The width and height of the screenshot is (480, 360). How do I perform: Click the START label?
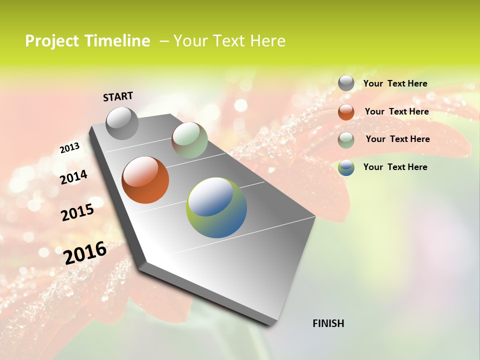click(x=118, y=96)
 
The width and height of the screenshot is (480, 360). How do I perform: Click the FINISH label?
click(x=328, y=323)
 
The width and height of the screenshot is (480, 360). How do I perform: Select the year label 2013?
click(x=69, y=147)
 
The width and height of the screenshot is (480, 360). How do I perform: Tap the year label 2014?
click(x=73, y=177)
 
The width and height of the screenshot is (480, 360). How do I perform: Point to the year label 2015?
click(x=77, y=212)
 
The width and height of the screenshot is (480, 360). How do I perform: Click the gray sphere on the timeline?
click(x=122, y=123)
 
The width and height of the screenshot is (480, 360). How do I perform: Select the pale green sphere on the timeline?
click(x=189, y=140)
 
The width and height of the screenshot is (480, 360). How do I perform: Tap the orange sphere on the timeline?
click(x=145, y=180)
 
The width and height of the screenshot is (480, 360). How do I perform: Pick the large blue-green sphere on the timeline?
click(x=216, y=207)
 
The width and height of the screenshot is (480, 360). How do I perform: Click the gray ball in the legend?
click(x=346, y=83)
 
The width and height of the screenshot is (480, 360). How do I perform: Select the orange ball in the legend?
click(x=346, y=112)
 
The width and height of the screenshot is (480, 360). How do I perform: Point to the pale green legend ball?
click(x=346, y=140)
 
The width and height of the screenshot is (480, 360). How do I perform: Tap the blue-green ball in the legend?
click(x=346, y=167)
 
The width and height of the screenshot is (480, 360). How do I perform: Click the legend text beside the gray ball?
click(x=395, y=83)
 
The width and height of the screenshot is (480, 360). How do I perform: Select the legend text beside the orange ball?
click(x=396, y=111)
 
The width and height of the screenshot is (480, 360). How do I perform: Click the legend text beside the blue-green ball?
click(x=395, y=167)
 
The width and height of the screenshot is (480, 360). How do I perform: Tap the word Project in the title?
click(x=51, y=41)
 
